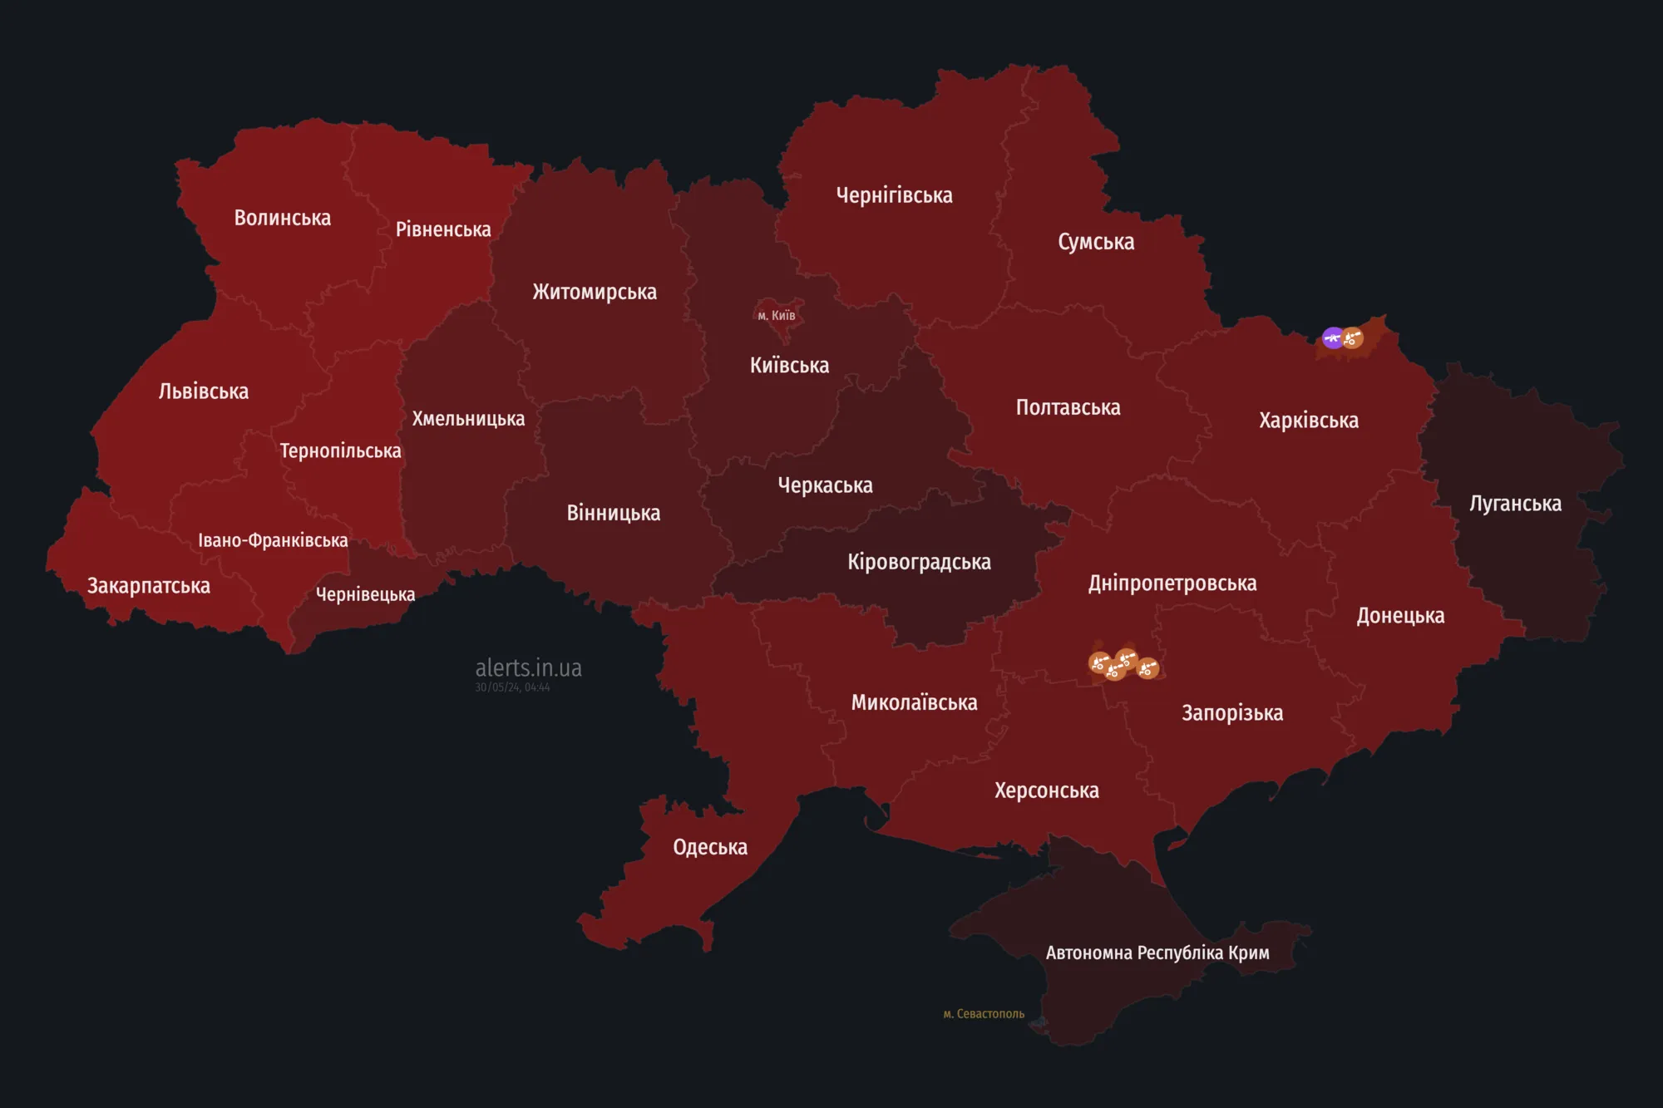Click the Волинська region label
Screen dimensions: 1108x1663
(x=282, y=218)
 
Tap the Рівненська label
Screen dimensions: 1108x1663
(x=443, y=229)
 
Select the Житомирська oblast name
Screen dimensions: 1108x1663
(x=595, y=292)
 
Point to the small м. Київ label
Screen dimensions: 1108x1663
(x=777, y=315)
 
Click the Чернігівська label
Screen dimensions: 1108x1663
(x=894, y=195)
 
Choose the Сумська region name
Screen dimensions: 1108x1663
(x=1096, y=242)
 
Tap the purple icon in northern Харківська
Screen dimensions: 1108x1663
(x=1333, y=337)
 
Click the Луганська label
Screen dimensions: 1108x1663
(x=1515, y=504)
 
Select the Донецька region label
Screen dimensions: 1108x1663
(x=1400, y=616)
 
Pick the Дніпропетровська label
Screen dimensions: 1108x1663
(x=1172, y=584)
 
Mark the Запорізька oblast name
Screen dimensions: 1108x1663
(x=1232, y=713)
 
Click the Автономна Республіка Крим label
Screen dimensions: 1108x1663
(x=1157, y=953)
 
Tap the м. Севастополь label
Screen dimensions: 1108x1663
(x=984, y=1014)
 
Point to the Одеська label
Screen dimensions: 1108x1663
(x=710, y=847)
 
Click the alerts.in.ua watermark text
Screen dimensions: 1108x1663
(x=528, y=667)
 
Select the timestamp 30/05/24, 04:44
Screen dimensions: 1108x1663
(x=512, y=687)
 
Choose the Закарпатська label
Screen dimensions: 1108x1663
(x=149, y=586)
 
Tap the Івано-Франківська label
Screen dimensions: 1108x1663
(x=273, y=540)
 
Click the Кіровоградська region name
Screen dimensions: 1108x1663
(x=919, y=562)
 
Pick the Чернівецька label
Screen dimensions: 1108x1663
(x=365, y=594)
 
